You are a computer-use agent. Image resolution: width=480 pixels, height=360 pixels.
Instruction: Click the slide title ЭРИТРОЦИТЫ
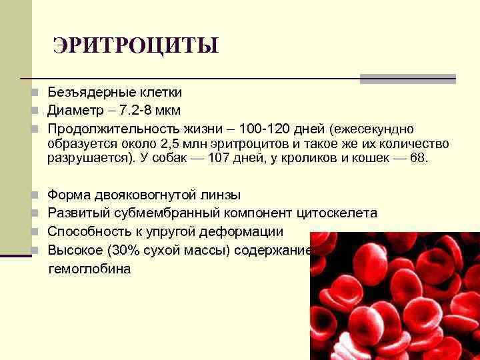[135, 47]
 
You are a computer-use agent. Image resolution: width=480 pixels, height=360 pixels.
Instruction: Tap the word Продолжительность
[112, 128]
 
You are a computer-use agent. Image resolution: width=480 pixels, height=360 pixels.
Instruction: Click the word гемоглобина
[90, 269]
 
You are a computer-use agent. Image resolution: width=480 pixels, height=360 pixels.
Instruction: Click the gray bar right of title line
[408, 79]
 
